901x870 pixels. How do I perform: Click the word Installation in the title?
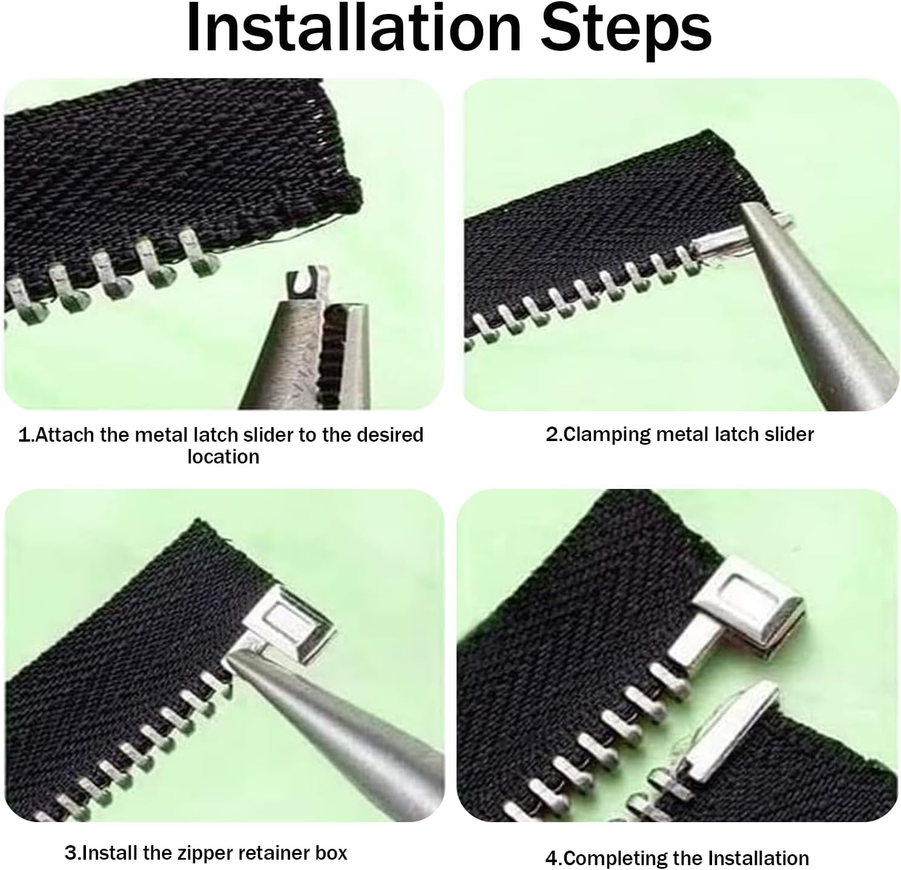coord(354,28)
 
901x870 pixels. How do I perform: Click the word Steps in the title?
coord(626,32)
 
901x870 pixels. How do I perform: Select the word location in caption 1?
coord(223,457)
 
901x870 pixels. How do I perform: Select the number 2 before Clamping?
coord(552,434)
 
